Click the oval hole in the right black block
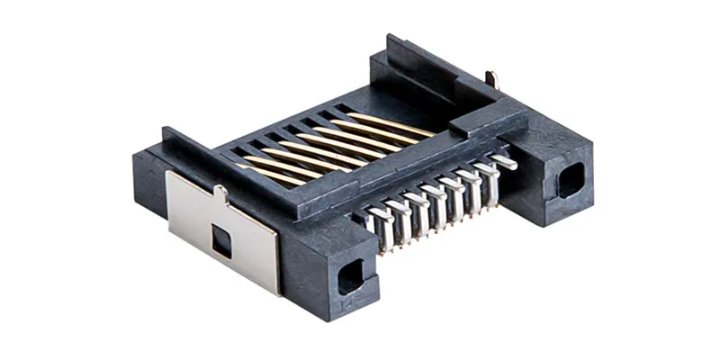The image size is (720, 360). tap(570, 183)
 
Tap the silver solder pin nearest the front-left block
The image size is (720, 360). tap(381, 225)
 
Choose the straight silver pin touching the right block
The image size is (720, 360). tap(504, 163)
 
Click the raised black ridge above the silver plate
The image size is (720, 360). tap(193, 153)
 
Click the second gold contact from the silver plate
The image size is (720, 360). tap(288, 166)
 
